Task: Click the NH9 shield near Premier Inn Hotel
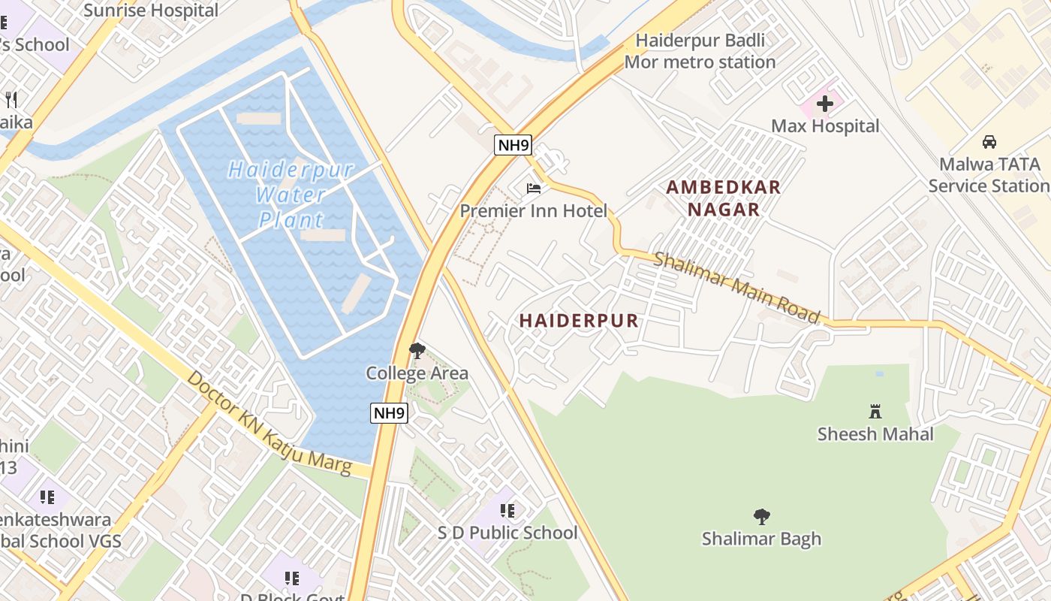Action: [513, 145]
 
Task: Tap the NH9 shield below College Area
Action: [389, 412]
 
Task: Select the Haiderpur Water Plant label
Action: [291, 195]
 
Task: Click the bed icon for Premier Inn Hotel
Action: [534, 188]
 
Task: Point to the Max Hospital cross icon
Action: [824, 104]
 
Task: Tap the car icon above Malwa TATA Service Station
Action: [989, 141]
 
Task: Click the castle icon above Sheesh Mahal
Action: [875, 411]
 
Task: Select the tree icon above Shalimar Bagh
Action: [761, 516]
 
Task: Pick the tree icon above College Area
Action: [417, 350]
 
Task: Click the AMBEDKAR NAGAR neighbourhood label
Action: [724, 198]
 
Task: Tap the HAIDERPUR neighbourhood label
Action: [579, 321]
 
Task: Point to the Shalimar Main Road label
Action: [736, 288]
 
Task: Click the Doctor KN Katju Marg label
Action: [269, 423]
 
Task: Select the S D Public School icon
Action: [507, 511]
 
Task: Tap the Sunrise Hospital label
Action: [151, 11]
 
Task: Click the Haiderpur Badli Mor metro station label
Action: [700, 51]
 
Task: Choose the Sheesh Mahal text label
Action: [875, 434]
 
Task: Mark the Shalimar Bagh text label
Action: [761, 539]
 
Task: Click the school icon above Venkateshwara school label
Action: [47, 497]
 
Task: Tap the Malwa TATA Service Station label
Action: [989, 175]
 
